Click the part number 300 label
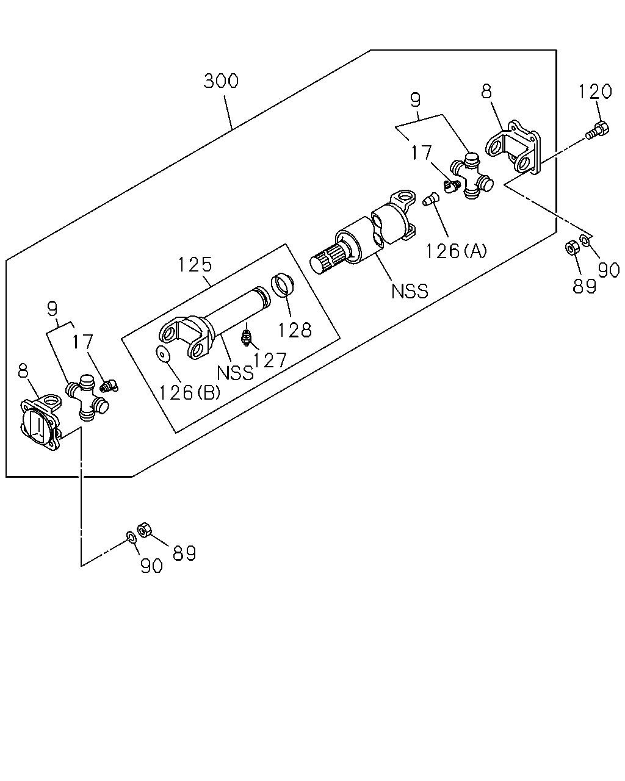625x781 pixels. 221,81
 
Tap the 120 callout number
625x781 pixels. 595,91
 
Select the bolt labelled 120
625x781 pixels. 598,131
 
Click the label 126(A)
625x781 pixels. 456,250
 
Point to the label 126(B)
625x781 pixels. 190,392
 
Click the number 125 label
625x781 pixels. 195,265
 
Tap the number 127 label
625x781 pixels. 269,360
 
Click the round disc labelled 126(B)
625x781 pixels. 163,354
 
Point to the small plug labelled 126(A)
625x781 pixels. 431,199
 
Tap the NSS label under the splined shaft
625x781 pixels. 410,290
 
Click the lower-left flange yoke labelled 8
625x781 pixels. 41,423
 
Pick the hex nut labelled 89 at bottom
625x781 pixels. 144,530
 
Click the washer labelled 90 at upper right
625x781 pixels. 584,240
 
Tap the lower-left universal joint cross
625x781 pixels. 87,398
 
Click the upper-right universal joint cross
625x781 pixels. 471,176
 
